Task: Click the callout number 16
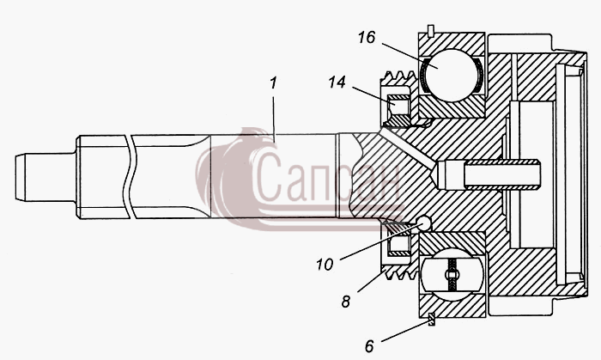(367, 38)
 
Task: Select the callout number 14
(337, 82)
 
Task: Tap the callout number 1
(273, 82)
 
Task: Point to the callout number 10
(325, 265)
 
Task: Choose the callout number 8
(346, 302)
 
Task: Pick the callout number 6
(369, 346)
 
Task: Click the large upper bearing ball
(452, 75)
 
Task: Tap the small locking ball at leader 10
(425, 223)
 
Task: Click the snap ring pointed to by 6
(432, 319)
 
